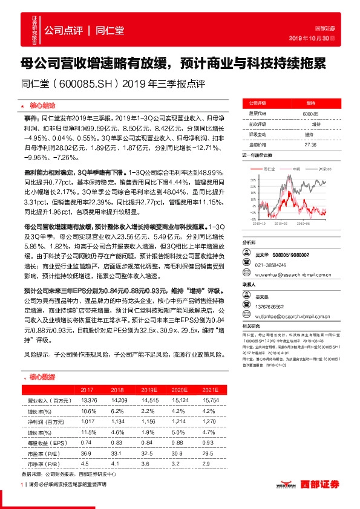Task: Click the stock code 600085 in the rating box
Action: (310, 114)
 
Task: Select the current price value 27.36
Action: (310, 145)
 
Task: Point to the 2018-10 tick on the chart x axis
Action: (252, 222)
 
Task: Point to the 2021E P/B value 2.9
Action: (207, 464)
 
